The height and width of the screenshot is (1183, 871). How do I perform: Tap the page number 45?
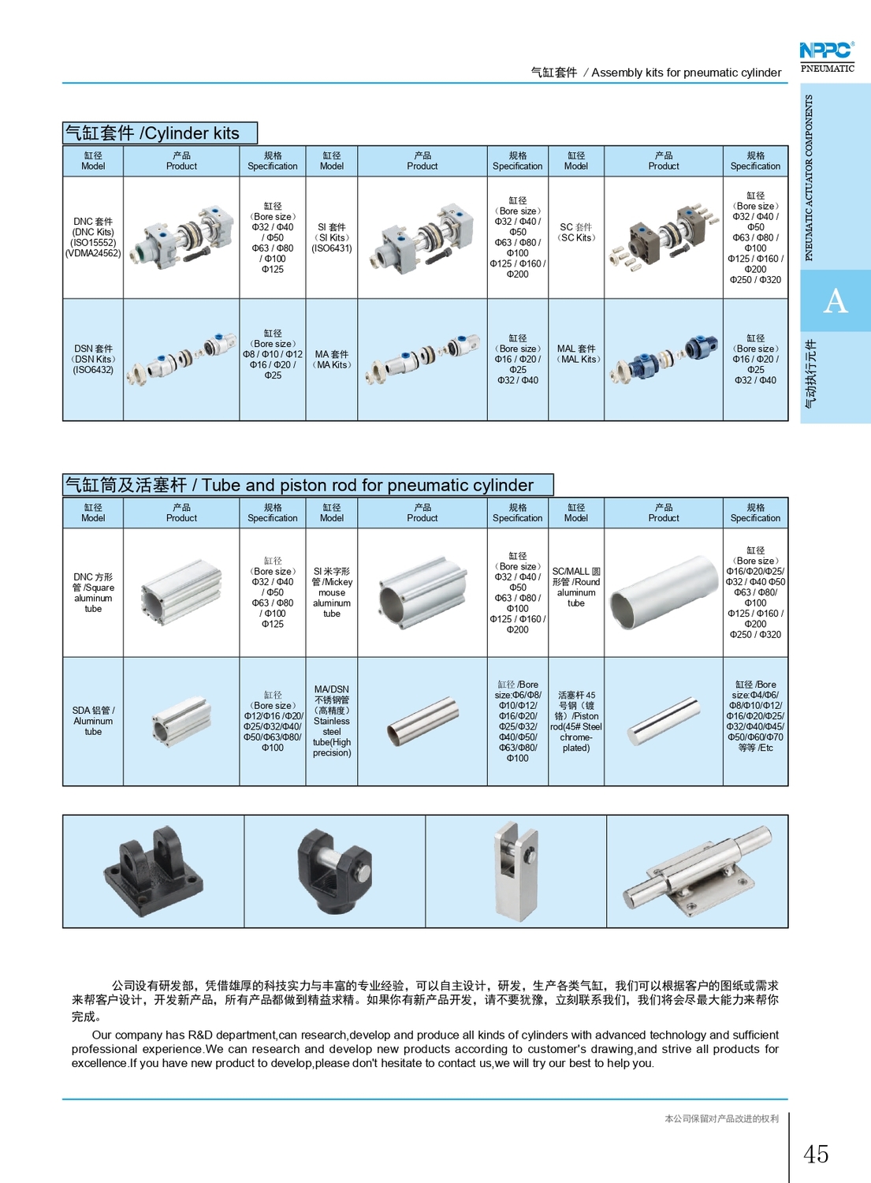(x=816, y=1154)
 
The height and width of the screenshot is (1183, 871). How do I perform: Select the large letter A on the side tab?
(x=835, y=301)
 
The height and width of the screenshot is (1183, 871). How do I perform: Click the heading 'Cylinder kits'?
(x=159, y=133)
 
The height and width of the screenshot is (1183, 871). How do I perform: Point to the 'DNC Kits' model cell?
(x=93, y=237)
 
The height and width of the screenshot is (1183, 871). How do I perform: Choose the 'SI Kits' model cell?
(x=332, y=237)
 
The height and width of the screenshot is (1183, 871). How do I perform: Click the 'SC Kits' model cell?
(x=576, y=233)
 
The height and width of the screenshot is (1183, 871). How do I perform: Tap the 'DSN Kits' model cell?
(x=93, y=359)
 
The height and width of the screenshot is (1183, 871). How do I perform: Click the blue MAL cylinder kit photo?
(x=664, y=359)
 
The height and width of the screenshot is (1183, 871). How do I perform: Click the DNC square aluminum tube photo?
(x=181, y=592)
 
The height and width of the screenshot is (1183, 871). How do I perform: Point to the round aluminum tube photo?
(x=664, y=592)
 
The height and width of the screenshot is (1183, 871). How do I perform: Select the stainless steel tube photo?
(x=422, y=722)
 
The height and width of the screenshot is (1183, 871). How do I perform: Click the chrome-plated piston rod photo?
(x=664, y=722)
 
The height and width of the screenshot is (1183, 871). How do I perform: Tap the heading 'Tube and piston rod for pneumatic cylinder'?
(x=307, y=485)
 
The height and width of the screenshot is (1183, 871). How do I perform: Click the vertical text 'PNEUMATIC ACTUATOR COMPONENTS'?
(x=809, y=177)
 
